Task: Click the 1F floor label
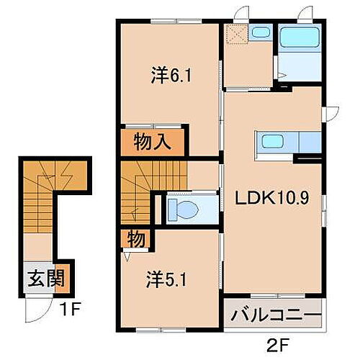(x=67, y=313)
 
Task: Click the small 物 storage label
(x=135, y=238)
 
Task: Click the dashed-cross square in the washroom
(x=235, y=34)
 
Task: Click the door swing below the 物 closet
(x=128, y=253)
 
